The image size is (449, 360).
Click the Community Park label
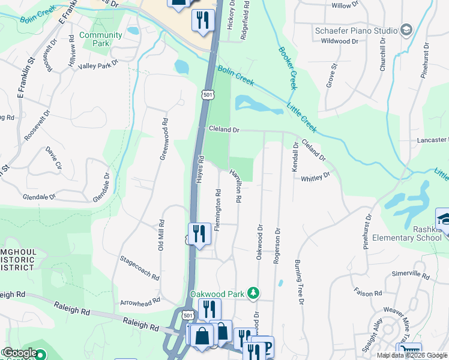(x=101, y=39)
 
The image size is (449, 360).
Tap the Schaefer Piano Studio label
(x=356, y=31)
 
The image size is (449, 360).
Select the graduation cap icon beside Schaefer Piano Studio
(x=406, y=30)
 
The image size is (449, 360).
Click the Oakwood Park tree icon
(x=254, y=293)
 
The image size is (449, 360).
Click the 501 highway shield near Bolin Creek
(x=207, y=95)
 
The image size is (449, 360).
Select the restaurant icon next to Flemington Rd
(x=199, y=234)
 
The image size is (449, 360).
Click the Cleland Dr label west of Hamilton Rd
(x=224, y=129)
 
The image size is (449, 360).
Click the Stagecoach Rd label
(x=139, y=269)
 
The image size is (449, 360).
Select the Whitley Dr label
(x=316, y=178)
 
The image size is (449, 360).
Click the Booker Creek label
(x=285, y=68)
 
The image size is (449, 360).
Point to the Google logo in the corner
(x=20, y=353)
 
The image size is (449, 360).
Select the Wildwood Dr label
(x=339, y=41)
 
